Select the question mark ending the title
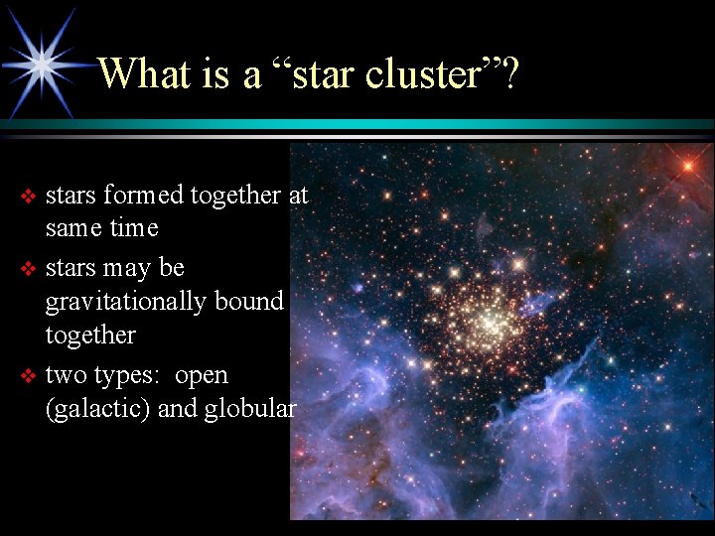coord(508,73)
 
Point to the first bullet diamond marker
coord(28,197)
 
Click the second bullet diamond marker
coord(28,269)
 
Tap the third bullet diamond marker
coord(28,376)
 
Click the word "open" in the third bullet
coord(202,376)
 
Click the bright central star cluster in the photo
coord(489,320)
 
